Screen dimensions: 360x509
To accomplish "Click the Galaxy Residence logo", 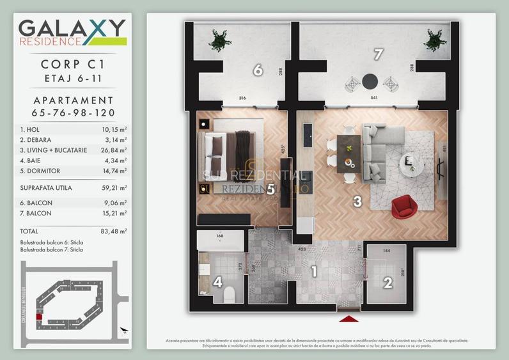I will tap(72, 32).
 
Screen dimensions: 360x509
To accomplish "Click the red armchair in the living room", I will tap(403, 206).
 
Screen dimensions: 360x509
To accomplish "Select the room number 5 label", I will tap(270, 189).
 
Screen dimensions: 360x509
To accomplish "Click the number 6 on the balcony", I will tap(258, 70).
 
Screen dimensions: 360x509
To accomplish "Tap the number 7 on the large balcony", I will tap(378, 55).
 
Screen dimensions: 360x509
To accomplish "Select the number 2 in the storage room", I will tap(388, 282).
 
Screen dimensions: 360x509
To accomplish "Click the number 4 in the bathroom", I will tap(217, 281).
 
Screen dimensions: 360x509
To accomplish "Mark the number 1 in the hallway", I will tap(314, 272).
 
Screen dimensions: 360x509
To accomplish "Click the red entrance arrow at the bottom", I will tap(348, 318).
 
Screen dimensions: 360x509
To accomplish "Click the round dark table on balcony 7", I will tap(370, 81).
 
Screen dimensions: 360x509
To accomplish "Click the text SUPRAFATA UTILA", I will tap(46, 188).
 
